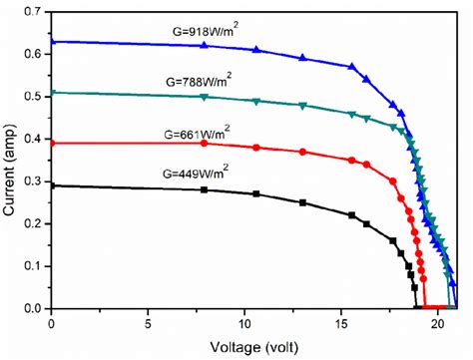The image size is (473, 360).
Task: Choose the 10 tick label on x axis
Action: [x=245, y=324]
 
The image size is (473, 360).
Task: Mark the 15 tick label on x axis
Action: [x=342, y=324]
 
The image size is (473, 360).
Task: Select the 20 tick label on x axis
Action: [x=439, y=324]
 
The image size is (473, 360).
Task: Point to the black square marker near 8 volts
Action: [x=205, y=189]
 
